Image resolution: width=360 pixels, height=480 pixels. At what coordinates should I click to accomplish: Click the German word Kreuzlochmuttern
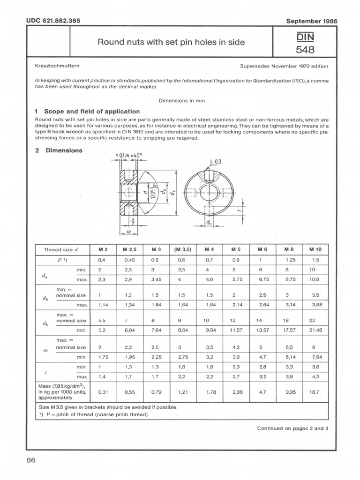[57, 66]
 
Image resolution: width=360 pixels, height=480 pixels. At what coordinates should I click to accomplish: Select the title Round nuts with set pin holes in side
[171, 43]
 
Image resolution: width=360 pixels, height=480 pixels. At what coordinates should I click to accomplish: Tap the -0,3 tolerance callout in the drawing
[216, 162]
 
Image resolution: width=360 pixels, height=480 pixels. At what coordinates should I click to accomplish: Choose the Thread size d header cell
[60, 249]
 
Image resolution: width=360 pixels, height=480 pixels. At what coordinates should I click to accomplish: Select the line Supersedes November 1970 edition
[284, 66]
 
